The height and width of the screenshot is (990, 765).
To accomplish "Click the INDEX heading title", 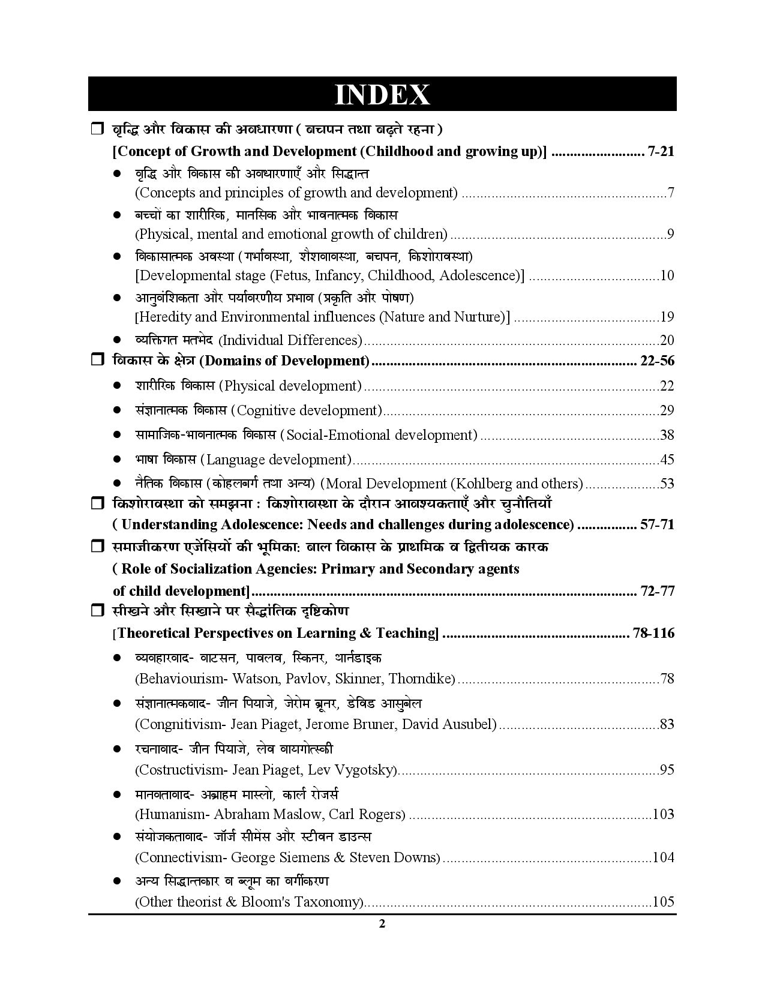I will [x=382, y=95].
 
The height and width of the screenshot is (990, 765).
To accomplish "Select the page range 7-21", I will [x=661, y=151].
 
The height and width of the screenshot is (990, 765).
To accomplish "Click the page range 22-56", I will [x=658, y=361].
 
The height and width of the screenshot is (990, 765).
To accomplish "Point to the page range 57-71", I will [x=658, y=524].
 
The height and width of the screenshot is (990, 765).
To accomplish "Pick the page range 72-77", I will [x=658, y=591].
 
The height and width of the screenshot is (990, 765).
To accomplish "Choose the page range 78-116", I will [x=653, y=633].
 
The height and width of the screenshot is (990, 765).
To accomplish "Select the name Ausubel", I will [x=471, y=724].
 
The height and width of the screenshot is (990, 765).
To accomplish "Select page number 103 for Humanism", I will [x=663, y=814].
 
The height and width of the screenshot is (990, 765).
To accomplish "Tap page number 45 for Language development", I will [x=667, y=460].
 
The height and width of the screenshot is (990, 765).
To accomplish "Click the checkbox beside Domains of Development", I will [x=97, y=360].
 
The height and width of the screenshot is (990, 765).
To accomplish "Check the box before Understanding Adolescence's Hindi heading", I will [x=97, y=503].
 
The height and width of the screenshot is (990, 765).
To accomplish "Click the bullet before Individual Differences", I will [x=118, y=340].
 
